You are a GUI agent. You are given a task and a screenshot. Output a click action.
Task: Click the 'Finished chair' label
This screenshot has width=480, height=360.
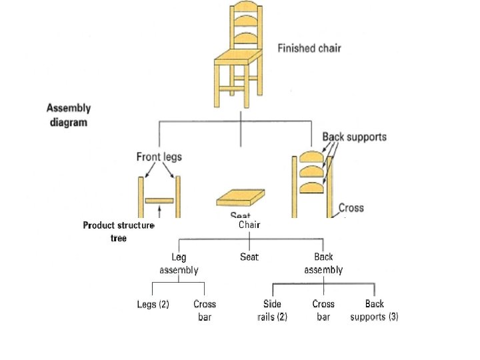pyautogui.click(x=309, y=48)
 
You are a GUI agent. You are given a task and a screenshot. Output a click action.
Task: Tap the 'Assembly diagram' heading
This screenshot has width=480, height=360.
pyautogui.click(x=69, y=115)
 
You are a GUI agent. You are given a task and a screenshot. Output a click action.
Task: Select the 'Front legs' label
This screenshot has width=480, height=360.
pyautogui.click(x=159, y=157)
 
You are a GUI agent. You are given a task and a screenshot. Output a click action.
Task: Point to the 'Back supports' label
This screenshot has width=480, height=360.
pyautogui.click(x=354, y=137)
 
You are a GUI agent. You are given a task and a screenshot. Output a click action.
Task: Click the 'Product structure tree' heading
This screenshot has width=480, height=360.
pyautogui.click(x=118, y=231)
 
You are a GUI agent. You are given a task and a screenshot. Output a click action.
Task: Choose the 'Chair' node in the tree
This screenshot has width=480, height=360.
pyautogui.click(x=249, y=225)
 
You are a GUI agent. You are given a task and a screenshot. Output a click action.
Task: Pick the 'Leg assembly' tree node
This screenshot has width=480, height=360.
pyautogui.click(x=179, y=263)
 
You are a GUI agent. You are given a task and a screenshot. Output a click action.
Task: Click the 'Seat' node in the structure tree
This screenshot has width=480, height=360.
pyautogui.click(x=249, y=256)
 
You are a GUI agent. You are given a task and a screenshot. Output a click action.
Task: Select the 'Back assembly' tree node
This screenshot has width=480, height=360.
pyautogui.click(x=323, y=263)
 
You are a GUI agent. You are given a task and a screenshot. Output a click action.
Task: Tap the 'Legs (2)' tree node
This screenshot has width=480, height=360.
pyautogui.click(x=153, y=304)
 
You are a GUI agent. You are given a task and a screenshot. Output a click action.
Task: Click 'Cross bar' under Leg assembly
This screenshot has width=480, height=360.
pyautogui.click(x=205, y=310)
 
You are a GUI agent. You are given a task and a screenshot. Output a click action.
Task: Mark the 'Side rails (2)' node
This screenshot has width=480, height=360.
pyautogui.click(x=272, y=310)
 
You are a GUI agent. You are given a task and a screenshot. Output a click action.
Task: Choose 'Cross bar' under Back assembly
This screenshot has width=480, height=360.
pyautogui.click(x=323, y=310)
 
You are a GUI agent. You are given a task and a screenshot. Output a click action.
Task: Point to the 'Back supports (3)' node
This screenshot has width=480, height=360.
pyautogui.click(x=374, y=310)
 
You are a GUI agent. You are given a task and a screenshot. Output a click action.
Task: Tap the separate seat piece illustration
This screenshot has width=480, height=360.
pyautogui.click(x=240, y=199)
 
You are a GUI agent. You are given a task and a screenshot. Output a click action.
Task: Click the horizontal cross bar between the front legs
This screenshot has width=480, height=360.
pyautogui.click(x=159, y=200)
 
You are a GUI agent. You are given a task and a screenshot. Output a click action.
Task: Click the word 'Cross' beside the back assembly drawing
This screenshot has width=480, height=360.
pyautogui.click(x=351, y=207)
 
